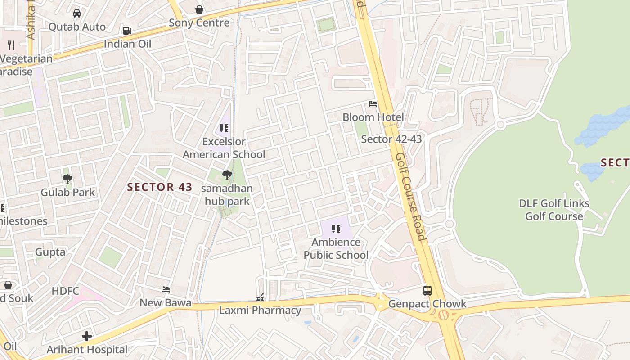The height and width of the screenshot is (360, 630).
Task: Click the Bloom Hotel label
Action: [x=373, y=117]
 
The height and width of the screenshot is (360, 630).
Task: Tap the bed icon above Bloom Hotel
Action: [x=373, y=104]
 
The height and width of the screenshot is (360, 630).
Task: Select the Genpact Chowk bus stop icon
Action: [x=427, y=291]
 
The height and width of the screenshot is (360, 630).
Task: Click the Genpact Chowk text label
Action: [x=427, y=304]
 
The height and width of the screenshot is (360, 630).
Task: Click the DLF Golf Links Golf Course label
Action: [x=554, y=210]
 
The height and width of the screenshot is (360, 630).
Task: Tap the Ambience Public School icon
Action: [x=336, y=229]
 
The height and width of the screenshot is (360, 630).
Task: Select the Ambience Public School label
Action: [x=336, y=248]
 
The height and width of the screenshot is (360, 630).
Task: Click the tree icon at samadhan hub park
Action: [x=227, y=175]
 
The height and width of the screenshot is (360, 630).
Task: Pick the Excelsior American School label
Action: [x=224, y=148]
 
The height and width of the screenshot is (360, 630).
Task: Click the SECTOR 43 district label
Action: [x=160, y=187]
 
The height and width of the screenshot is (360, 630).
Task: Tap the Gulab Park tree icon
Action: [x=67, y=179]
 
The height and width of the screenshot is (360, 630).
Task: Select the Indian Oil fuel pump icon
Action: [x=127, y=31]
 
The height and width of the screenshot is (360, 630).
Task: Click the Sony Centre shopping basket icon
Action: [x=199, y=9]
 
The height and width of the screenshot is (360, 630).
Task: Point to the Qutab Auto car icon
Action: [x=77, y=13]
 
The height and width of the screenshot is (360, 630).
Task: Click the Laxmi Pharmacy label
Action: [x=260, y=310]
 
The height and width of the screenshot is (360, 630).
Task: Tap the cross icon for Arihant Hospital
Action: [x=87, y=336]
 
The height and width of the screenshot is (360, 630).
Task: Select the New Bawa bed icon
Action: [x=166, y=289]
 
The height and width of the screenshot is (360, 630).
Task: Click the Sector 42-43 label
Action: [x=391, y=139]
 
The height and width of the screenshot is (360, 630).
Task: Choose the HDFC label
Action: [x=65, y=291]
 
